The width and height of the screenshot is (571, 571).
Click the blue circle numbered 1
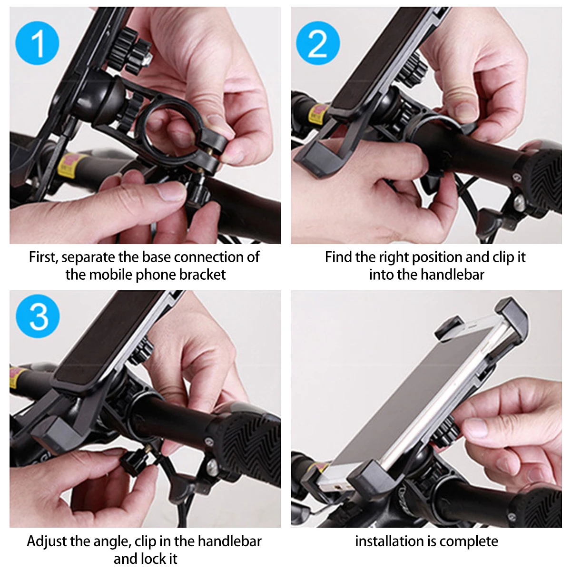(x=37, y=43)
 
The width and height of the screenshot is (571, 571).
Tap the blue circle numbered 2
(x=318, y=43)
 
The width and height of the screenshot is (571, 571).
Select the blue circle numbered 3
(x=38, y=316)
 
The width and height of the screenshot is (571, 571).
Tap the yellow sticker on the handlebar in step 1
(x=69, y=165)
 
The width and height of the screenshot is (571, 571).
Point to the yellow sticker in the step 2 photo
(x=318, y=114)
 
